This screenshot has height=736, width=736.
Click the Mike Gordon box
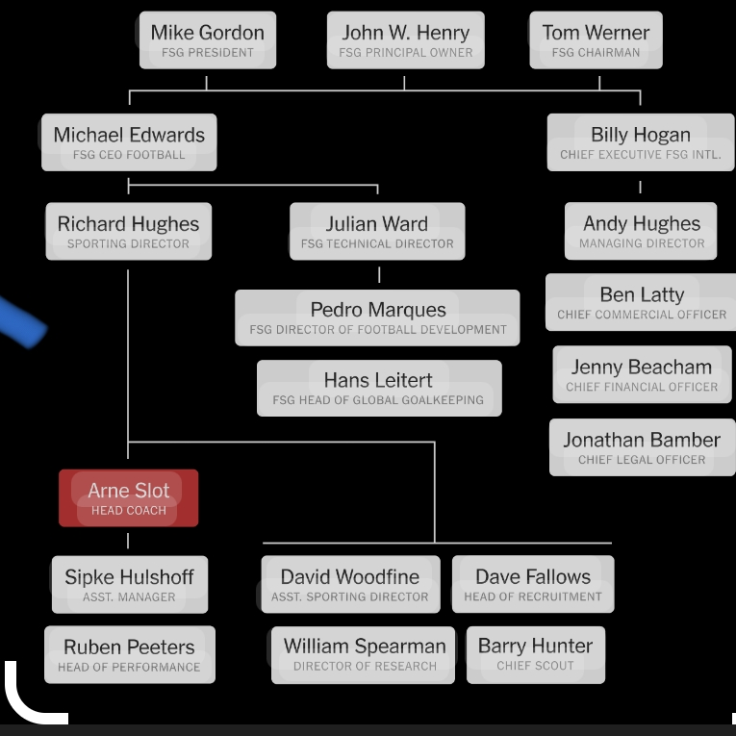click(x=207, y=40)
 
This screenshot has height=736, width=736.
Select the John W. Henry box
click(x=405, y=40)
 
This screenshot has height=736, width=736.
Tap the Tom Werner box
click(x=596, y=40)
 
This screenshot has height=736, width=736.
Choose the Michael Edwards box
click(x=129, y=142)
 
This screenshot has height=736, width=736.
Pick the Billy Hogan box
click(x=641, y=142)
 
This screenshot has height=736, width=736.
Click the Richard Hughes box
click(x=128, y=232)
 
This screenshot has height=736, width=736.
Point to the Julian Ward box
click(x=377, y=232)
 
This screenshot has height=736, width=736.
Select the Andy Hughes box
click(x=642, y=232)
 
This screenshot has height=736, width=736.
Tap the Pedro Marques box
click(x=378, y=317)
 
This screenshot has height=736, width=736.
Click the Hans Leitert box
click(x=378, y=388)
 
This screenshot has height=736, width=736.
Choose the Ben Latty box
click(x=642, y=303)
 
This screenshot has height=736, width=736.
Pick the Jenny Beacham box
click(x=642, y=375)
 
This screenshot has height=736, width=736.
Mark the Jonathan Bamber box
click(x=642, y=447)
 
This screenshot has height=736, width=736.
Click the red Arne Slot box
click(x=128, y=498)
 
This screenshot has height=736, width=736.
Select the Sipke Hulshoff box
click(x=129, y=585)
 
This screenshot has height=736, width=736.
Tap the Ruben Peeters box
click(x=129, y=654)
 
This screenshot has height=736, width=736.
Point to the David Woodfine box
click(x=350, y=585)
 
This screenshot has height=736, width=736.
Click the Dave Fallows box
click(x=533, y=585)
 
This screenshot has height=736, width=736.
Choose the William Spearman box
click(x=365, y=654)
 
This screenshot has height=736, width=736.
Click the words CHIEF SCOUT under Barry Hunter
click(x=535, y=666)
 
